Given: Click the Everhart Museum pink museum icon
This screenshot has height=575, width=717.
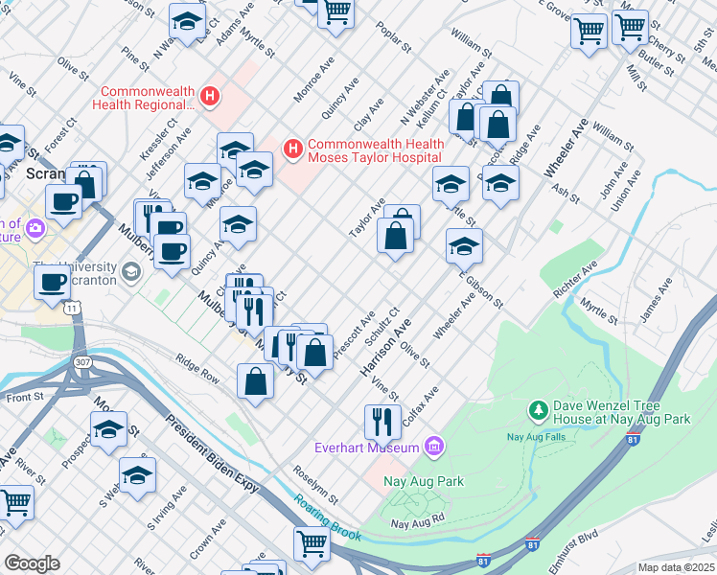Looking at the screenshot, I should tap(434, 447).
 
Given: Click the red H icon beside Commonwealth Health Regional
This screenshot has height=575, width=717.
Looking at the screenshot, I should tap(210, 97).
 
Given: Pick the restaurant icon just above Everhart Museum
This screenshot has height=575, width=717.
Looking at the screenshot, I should tap(382, 420).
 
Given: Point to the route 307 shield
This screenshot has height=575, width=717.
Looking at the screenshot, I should tap(83, 361).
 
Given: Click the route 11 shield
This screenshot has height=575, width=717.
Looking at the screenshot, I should tap(72, 309).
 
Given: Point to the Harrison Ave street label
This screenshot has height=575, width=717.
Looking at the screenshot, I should tap(384, 347).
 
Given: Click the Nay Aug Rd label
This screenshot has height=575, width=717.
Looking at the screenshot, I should tap(419, 522).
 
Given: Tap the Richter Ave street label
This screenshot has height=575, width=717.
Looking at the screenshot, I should tap(582, 274).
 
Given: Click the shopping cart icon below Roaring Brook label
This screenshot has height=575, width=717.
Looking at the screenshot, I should tap(312, 543).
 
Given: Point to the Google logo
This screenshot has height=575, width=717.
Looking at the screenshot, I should tap(32, 563).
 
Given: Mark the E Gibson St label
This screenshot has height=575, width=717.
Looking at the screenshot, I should tap(480, 285).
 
